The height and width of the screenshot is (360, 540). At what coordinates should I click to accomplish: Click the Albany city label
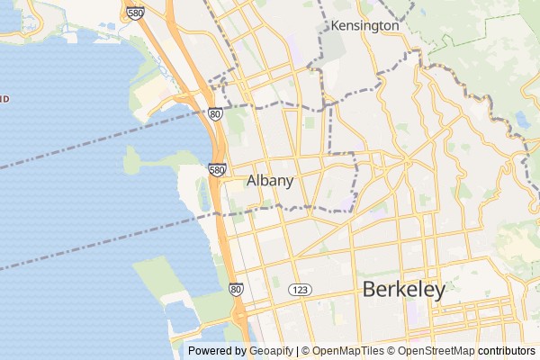pos(270,181)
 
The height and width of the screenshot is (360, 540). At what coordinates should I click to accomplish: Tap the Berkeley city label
pos(404,290)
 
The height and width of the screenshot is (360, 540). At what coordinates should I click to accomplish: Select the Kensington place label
pos(364,26)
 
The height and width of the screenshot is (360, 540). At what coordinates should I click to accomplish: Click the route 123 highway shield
pos(300,289)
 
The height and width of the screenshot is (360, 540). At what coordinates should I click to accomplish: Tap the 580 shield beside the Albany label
pos(217,169)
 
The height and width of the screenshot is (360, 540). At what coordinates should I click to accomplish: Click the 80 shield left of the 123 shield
pos(236,289)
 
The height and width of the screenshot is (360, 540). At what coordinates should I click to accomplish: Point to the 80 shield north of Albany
pos(214,114)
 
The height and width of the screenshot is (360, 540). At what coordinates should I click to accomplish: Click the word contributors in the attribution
pos(506,351)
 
